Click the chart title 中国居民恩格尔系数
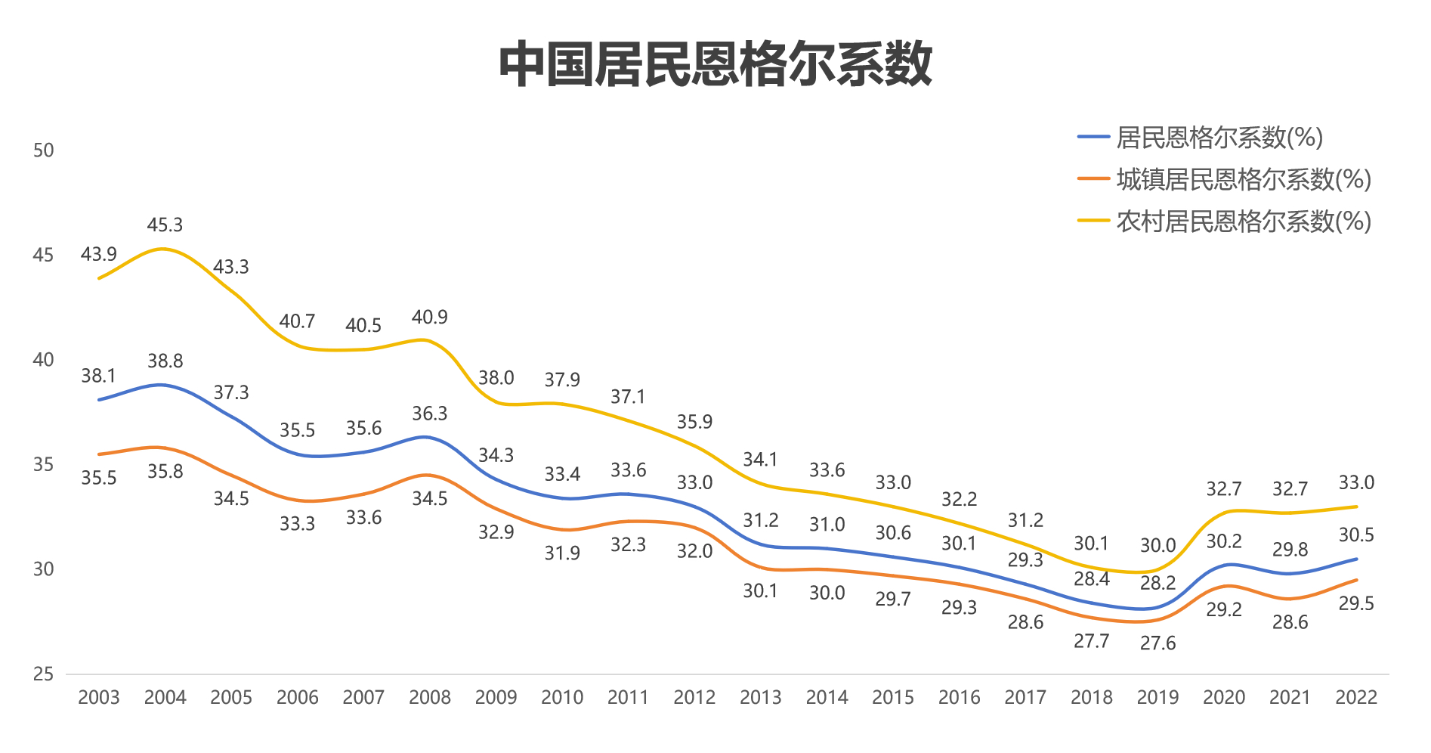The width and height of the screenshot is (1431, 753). (x=715, y=65)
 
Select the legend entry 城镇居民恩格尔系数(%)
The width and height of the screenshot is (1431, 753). (x=1243, y=179)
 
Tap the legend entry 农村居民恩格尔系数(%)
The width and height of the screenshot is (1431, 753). (x=1243, y=222)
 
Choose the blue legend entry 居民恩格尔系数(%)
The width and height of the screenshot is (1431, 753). (x=1219, y=138)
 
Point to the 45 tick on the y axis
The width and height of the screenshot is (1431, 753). (x=43, y=255)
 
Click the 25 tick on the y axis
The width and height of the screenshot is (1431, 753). (x=43, y=674)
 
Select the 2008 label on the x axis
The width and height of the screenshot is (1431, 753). (x=429, y=697)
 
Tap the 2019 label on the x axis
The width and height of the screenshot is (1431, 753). (x=1157, y=697)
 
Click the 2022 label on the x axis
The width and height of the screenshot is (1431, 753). (x=1356, y=697)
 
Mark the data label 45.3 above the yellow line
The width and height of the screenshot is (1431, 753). (x=165, y=225)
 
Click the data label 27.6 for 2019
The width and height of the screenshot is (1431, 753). (x=1157, y=643)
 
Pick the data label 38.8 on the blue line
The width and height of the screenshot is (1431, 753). (x=165, y=361)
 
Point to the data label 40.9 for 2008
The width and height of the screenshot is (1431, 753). (x=429, y=317)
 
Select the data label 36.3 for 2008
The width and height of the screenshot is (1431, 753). (x=429, y=414)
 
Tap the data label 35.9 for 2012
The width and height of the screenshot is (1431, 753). (x=694, y=421)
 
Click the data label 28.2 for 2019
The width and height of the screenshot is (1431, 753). (x=1157, y=583)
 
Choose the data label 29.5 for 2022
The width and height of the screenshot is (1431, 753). (x=1356, y=603)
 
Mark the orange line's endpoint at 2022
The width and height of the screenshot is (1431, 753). (x=1357, y=580)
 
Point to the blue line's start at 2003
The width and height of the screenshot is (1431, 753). (x=99, y=399)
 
